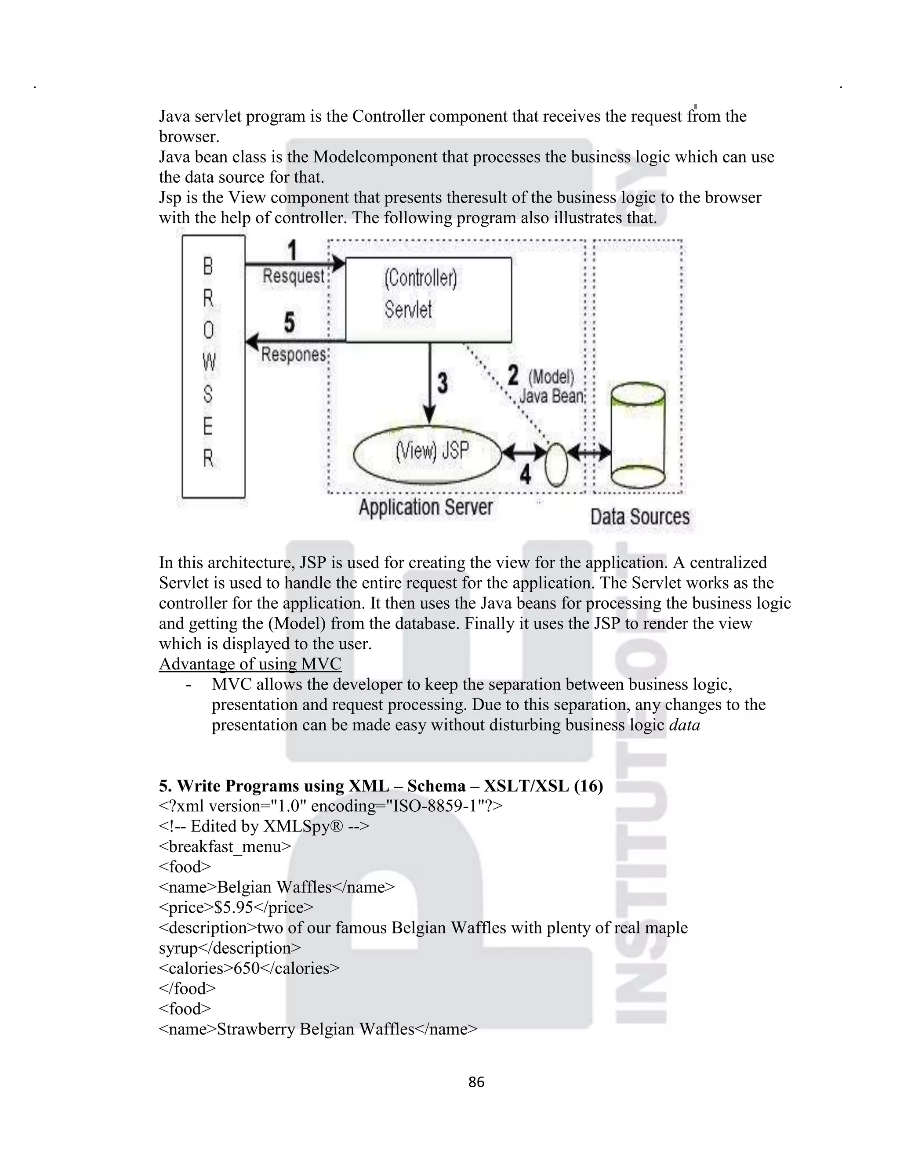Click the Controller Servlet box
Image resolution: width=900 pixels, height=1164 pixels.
click(x=428, y=299)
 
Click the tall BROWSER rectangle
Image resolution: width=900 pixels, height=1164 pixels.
click(x=213, y=367)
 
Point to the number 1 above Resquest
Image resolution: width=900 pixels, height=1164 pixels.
click(x=292, y=250)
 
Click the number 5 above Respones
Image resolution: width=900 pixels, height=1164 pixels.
click(x=289, y=322)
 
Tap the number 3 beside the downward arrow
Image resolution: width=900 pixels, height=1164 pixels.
click(x=443, y=383)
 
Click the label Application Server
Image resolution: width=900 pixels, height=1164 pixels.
click(x=425, y=507)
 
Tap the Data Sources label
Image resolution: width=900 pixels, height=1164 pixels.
click(x=639, y=517)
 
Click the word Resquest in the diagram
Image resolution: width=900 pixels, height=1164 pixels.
click(x=293, y=276)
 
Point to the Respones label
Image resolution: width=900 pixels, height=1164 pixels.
click(x=293, y=355)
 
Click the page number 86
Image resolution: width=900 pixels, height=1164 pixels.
click(x=476, y=1081)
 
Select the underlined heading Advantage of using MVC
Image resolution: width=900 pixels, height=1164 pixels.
click(x=250, y=664)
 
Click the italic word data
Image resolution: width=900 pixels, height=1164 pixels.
click(x=684, y=725)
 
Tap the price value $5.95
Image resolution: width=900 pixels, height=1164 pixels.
click(x=233, y=907)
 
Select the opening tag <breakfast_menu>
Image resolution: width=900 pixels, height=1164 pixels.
click(x=225, y=846)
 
